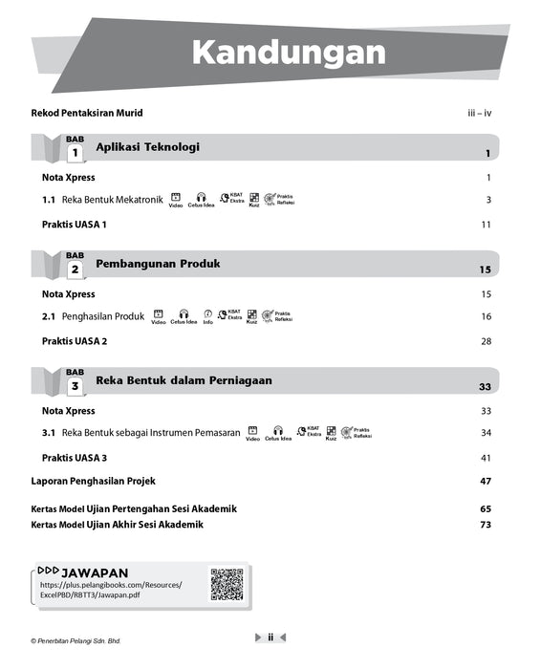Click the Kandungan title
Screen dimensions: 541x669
pos(288,53)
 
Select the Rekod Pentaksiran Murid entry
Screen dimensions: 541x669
pos(87,113)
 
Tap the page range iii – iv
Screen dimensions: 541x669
pos(479,113)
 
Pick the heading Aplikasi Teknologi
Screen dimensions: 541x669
pos(147,147)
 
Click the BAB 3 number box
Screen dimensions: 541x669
pos(75,385)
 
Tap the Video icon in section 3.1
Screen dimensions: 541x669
pos(252,433)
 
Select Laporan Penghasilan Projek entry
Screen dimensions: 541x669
pos(93,481)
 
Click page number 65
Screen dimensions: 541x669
pos(486,508)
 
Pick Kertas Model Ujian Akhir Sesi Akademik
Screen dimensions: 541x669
pos(117,525)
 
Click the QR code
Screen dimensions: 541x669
pos(227,583)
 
